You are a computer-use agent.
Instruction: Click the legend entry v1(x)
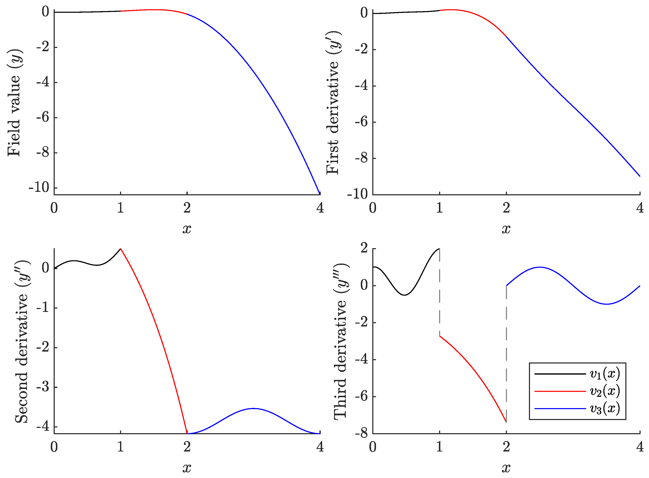click(605, 374)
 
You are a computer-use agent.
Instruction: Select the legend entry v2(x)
click(605, 391)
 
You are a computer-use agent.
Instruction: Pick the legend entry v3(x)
click(605, 409)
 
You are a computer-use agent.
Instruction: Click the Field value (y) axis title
click(14, 103)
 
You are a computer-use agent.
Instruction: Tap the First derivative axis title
click(333, 103)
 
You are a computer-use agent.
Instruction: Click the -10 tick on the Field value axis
click(39, 187)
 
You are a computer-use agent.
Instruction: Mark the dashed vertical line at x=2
click(506, 353)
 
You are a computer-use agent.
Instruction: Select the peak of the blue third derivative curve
click(540, 267)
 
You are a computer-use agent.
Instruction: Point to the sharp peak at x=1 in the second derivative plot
click(120, 249)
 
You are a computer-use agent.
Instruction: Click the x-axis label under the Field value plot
click(187, 229)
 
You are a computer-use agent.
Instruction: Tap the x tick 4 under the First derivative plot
click(640, 208)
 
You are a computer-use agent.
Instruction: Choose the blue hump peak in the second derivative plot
click(253, 408)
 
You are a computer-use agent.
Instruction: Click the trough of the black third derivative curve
click(405, 295)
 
